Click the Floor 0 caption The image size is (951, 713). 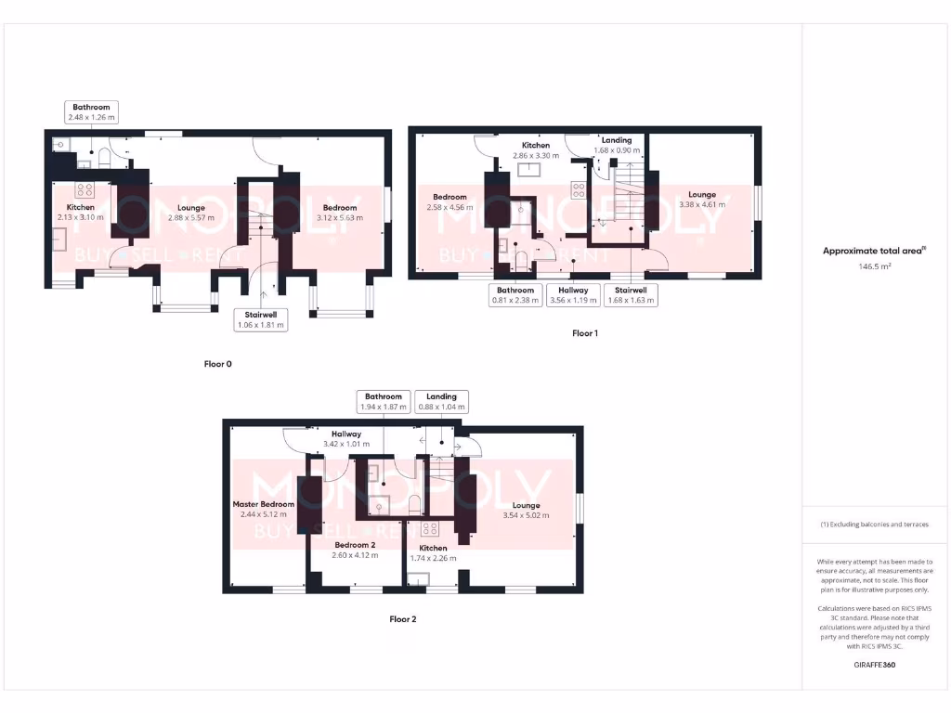[x=217, y=364]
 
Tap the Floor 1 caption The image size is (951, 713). [x=584, y=332]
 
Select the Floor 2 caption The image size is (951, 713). [x=403, y=618]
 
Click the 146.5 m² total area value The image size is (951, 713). [x=874, y=266]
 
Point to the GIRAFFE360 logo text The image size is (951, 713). [x=874, y=665]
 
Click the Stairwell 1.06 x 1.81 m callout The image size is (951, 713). [x=260, y=320]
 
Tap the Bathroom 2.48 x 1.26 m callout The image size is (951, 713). [x=91, y=112]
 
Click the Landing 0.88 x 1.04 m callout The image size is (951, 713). [x=441, y=401]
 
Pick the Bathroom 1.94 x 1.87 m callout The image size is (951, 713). [x=383, y=401]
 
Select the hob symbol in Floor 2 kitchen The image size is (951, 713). [x=430, y=529]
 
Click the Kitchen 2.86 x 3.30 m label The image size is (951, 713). [x=535, y=150]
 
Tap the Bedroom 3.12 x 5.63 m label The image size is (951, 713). [x=340, y=212]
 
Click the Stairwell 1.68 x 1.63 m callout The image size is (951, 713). [x=631, y=295]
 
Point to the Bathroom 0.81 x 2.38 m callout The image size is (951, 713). [x=515, y=295]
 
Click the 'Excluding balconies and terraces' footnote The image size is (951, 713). [x=874, y=525]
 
